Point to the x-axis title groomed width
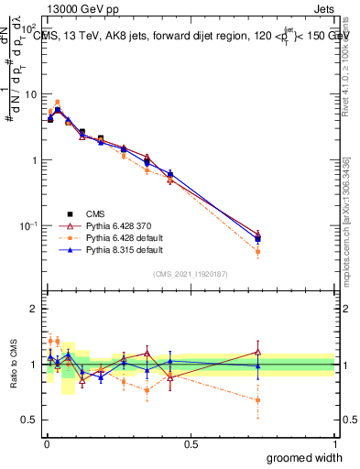pyautogui.click(x=298, y=456)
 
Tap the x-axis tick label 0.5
pyautogui.click(x=191, y=442)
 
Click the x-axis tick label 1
pyautogui.click(x=334, y=442)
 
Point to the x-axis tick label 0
pyautogui.click(x=47, y=442)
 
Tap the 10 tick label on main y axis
pyautogui.click(x=27, y=93)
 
